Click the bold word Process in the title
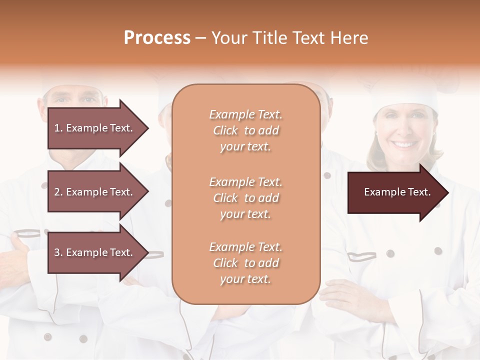(x=157, y=38)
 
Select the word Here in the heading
(x=350, y=38)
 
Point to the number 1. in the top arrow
(x=58, y=128)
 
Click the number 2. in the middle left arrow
(x=58, y=192)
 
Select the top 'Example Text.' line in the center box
(x=245, y=114)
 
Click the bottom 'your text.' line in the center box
(x=245, y=279)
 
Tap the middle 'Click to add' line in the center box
(x=245, y=198)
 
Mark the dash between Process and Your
(x=200, y=38)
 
